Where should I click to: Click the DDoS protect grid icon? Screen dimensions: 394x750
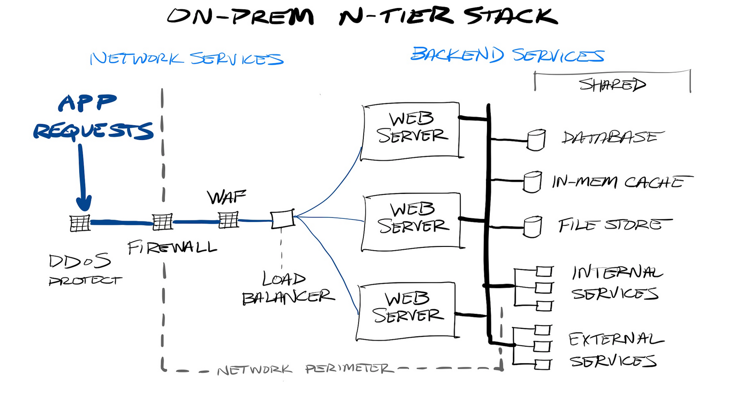pyautogui.click(x=80, y=223)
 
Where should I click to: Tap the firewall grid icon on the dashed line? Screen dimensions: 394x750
pyautogui.click(x=163, y=222)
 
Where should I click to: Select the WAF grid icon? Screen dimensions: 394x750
pyautogui.click(x=228, y=219)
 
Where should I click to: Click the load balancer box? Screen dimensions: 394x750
pyautogui.click(x=282, y=219)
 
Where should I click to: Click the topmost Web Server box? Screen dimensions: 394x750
pyautogui.click(x=411, y=131)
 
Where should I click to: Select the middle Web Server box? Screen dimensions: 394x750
pyautogui.click(x=412, y=221)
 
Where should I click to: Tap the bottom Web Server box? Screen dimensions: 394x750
pyautogui.click(x=406, y=311)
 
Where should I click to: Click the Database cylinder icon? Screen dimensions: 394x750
pyautogui.click(x=536, y=140)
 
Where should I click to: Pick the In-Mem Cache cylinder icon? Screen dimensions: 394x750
pyautogui.click(x=532, y=182)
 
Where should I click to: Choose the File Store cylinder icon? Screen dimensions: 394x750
pyautogui.click(x=532, y=226)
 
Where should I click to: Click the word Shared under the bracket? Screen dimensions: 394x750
pyautogui.click(x=612, y=85)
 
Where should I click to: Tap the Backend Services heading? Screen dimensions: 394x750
pyautogui.click(x=507, y=55)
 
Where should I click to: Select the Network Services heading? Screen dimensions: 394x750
pyautogui.click(x=187, y=59)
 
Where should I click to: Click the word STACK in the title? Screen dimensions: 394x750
pyautogui.click(x=511, y=16)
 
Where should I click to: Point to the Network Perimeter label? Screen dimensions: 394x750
pyautogui.click(x=305, y=370)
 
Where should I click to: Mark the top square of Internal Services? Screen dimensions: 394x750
pyautogui.click(x=544, y=271)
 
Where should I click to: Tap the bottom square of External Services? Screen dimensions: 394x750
pyautogui.click(x=542, y=364)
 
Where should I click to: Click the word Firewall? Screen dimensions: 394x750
pyautogui.click(x=172, y=247)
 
